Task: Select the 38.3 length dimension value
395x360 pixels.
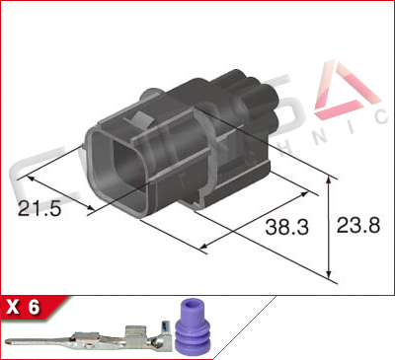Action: click(287, 227)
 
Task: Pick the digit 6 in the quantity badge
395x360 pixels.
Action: click(35, 307)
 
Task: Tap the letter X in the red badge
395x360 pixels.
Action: click(13, 307)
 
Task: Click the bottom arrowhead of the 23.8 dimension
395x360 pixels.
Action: click(329, 272)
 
